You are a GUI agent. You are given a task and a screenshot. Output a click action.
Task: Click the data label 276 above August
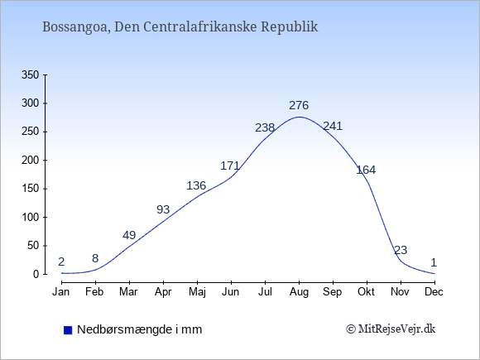299,105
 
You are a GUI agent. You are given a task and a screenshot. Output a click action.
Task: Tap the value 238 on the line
265,127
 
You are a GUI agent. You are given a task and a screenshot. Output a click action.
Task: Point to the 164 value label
366,170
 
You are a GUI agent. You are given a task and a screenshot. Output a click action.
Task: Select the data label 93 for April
163,209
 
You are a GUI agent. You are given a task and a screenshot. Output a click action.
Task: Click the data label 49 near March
129,235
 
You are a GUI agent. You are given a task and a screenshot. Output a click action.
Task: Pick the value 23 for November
401,250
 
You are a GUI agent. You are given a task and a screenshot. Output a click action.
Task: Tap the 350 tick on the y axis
31,74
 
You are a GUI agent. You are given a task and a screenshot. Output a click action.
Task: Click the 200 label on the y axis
31,160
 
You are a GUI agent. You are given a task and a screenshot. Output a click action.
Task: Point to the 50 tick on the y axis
33,246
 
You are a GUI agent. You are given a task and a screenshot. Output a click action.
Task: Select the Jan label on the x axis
61,292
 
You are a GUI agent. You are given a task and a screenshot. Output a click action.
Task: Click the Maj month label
197,292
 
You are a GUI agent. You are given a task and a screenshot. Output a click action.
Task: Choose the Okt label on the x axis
366,292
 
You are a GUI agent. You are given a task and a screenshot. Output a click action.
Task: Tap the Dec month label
434,292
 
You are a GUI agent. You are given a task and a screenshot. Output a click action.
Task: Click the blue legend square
68,330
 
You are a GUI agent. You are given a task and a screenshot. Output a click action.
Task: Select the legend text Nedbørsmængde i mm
140,329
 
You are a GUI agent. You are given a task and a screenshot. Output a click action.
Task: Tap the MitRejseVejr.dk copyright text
391,329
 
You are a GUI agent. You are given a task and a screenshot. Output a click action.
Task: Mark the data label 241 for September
333,126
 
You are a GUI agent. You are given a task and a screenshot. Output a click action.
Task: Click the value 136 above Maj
196,185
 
